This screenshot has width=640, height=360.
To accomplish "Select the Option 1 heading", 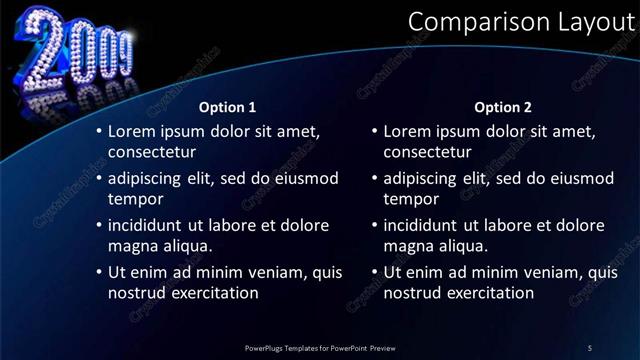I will click(x=228, y=107).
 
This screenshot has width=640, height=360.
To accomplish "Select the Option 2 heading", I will click(x=503, y=107).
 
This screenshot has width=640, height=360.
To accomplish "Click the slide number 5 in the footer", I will click(x=590, y=347).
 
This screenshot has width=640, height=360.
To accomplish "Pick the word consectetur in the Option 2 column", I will click(x=427, y=152).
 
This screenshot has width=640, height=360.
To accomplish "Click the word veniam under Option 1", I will click(x=273, y=272).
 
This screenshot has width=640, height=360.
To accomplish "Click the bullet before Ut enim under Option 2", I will click(x=374, y=272).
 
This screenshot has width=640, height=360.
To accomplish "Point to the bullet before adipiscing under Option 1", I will click(x=98, y=178).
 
